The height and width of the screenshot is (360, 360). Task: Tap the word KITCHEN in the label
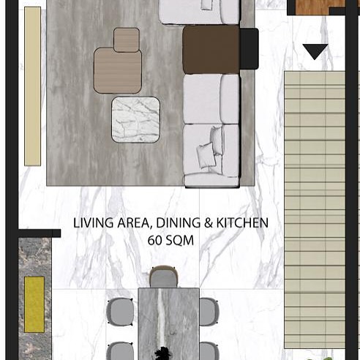coord(243,223)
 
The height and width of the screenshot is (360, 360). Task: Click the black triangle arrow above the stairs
coord(316,51)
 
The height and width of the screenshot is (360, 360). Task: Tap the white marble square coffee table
coord(135,119)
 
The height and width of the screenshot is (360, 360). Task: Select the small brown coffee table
coord(127,40)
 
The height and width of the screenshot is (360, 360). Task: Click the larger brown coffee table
coord(117,71)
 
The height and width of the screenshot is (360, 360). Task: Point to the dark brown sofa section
coord(211,50)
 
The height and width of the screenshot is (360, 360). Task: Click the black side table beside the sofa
coord(249,49)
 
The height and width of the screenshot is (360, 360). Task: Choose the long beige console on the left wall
coord(32,86)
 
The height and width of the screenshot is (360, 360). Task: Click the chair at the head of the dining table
coord(163,277)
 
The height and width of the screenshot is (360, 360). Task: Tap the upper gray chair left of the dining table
coord(119,310)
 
